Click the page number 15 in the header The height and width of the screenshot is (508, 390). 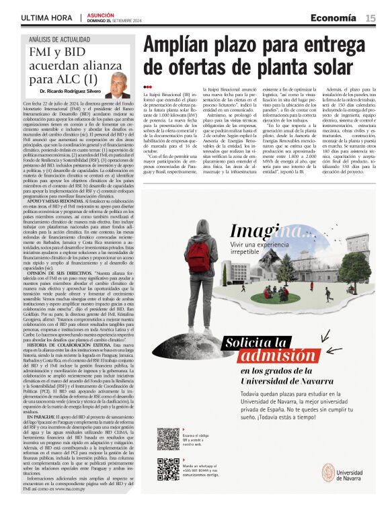(370, 18)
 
